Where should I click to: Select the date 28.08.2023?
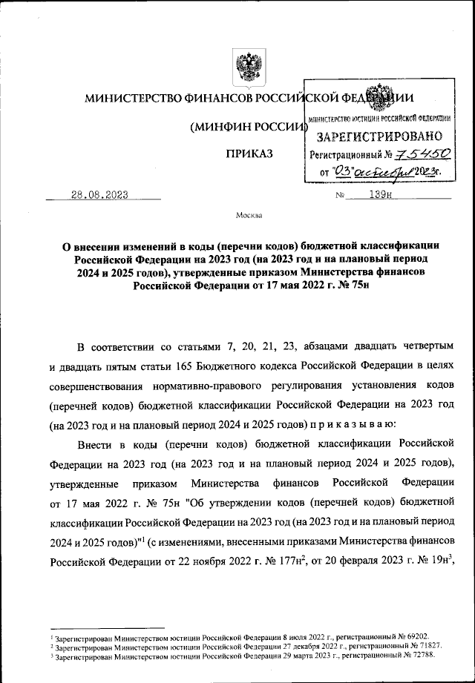(99, 195)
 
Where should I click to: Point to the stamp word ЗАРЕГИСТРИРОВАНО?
(380, 136)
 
